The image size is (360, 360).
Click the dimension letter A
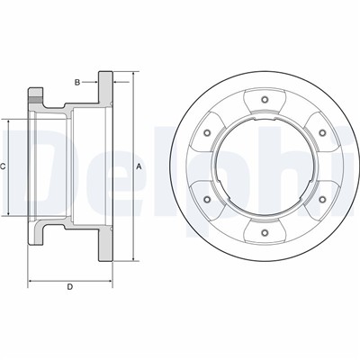139,166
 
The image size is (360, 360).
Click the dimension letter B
77,82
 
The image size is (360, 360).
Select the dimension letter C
3,166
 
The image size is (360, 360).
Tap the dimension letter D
69,287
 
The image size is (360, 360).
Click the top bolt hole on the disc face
265,100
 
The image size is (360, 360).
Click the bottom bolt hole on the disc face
265,232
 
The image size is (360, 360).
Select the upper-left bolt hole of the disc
207,132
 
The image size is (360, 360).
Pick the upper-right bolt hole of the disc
322,132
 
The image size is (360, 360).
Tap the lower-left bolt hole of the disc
207,199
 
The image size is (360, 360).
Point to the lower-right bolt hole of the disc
322,199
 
